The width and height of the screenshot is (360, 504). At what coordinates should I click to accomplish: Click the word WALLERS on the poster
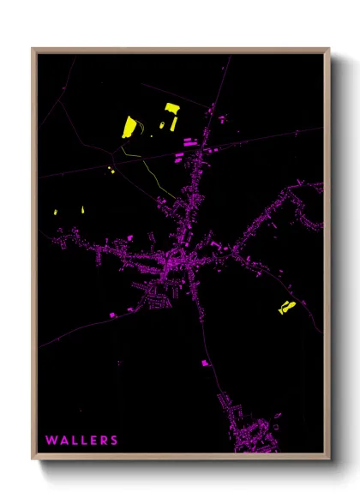(81, 441)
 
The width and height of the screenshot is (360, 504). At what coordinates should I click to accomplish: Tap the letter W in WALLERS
(51, 441)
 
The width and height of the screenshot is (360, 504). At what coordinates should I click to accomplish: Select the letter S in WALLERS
(114, 441)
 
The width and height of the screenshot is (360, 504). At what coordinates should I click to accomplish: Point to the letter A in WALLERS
(63, 441)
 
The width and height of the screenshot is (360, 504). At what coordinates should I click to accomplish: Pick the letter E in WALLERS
(93, 441)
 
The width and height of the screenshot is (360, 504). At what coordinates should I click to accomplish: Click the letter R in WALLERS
(104, 441)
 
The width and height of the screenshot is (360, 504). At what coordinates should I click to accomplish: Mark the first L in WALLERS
(74, 441)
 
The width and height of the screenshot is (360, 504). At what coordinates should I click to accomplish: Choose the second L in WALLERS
(83, 441)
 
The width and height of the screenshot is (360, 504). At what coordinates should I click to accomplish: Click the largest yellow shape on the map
(129, 127)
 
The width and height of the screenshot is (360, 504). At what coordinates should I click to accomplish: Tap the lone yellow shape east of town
(286, 307)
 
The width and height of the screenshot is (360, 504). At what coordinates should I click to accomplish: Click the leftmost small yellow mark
(55, 212)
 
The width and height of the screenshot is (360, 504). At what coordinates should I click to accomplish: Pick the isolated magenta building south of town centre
(206, 363)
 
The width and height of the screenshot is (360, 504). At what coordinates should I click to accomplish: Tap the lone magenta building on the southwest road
(111, 315)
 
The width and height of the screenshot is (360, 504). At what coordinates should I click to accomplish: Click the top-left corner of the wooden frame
(33, 49)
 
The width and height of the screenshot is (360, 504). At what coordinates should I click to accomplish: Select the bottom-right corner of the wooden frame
(329, 459)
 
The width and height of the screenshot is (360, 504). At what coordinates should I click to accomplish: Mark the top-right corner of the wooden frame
(329, 49)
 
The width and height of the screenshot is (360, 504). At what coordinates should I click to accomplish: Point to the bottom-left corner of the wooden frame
(33, 459)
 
